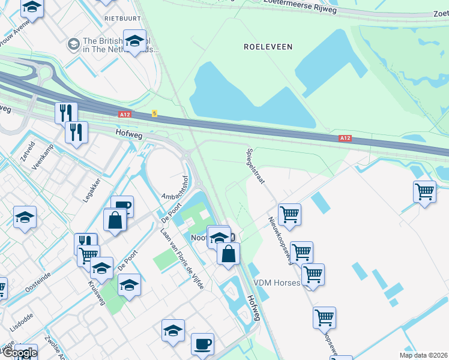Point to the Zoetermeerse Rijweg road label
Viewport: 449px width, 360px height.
(300, 5)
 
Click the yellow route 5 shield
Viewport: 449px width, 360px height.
(154, 113)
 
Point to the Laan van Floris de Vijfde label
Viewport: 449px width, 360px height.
(182, 258)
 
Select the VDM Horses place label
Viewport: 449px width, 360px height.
(276, 283)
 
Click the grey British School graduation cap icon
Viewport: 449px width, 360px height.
(74, 44)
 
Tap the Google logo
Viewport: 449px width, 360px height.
(19, 353)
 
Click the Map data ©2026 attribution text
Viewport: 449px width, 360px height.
(423, 355)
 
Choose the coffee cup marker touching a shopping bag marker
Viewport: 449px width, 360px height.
(122, 205)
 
